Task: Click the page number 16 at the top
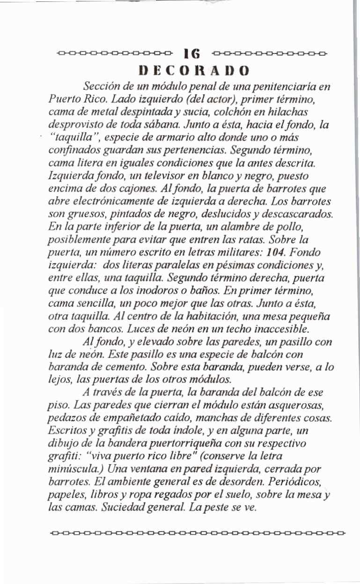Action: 191,53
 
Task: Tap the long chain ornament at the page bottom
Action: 197,532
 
